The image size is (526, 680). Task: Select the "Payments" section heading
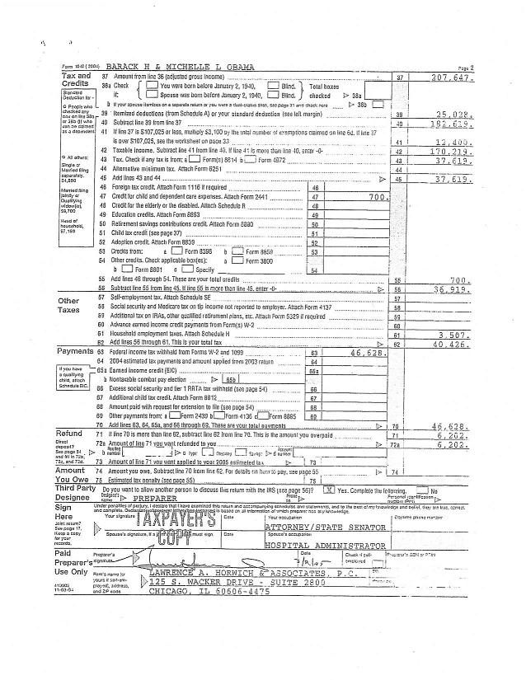click(75, 352)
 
